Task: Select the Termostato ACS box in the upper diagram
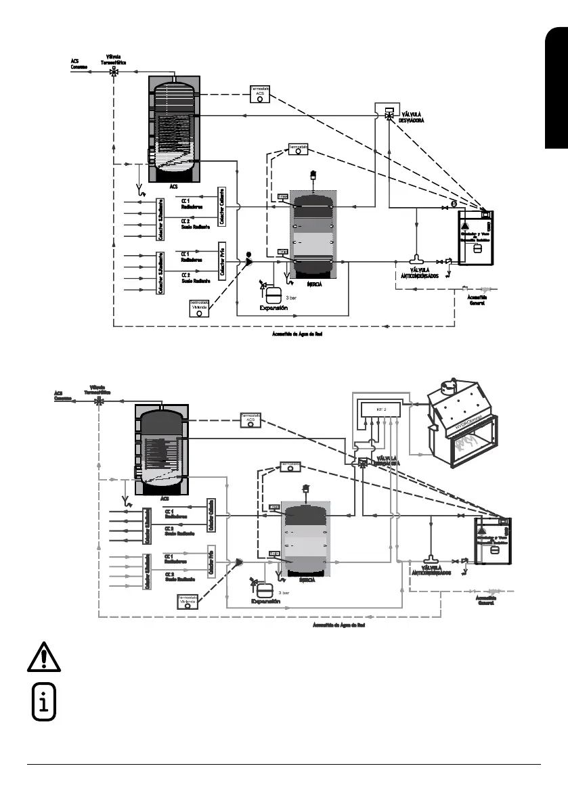(x=259, y=94)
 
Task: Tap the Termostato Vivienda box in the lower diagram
(x=188, y=602)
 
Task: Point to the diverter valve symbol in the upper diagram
(x=389, y=116)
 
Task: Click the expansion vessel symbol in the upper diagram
(x=274, y=296)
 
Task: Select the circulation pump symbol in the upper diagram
(x=248, y=261)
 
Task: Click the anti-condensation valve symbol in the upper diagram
(x=416, y=259)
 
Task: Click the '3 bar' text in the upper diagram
(x=291, y=297)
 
